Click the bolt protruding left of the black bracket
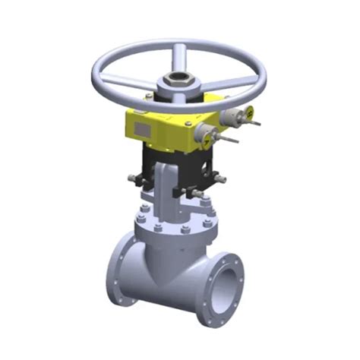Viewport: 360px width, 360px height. [x=134, y=180]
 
